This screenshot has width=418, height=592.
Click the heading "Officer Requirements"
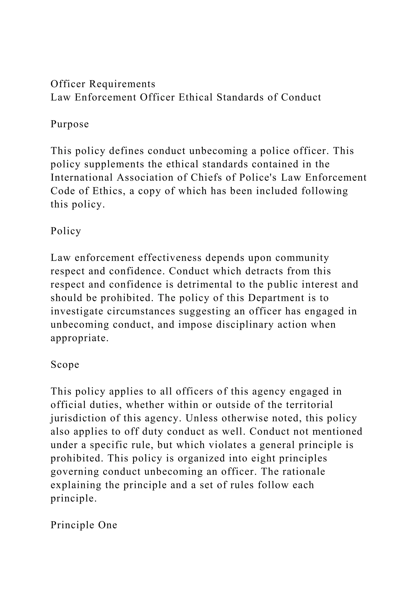click(x=103, y=84)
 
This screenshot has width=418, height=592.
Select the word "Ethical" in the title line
click(x=195, y=98)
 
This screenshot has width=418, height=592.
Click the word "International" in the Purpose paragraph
click(x=82, y=178)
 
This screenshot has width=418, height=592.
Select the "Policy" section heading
click(x=66, y=231)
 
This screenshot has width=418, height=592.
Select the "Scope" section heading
click(x=65, y=365)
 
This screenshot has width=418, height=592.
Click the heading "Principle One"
click(x=84, y=525)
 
